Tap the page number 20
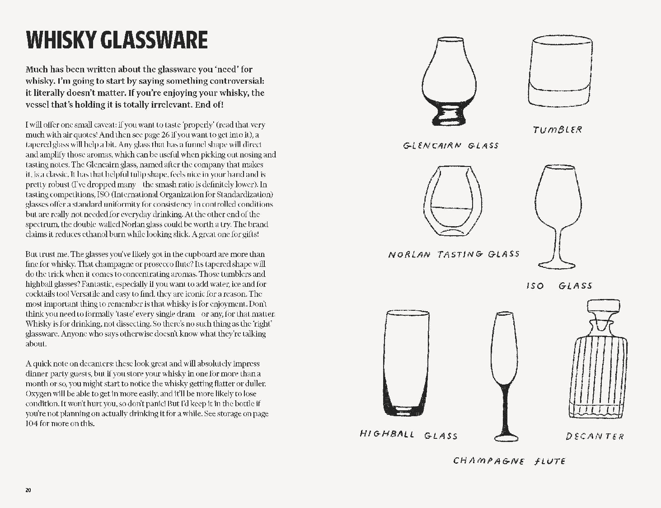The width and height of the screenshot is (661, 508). pos(28,490)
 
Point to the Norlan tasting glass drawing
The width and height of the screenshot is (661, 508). pos(453,201)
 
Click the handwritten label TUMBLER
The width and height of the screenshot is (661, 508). pos(558,130)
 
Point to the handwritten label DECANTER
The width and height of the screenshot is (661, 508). pos(595,437)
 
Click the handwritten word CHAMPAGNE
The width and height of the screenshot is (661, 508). pos(489,461)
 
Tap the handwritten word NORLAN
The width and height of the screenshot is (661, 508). pos(409,255)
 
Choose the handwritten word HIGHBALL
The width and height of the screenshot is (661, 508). pos(387,434)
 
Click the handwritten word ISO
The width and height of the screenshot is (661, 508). pos(535,286)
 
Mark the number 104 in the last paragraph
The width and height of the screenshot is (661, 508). pos(32,424)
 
